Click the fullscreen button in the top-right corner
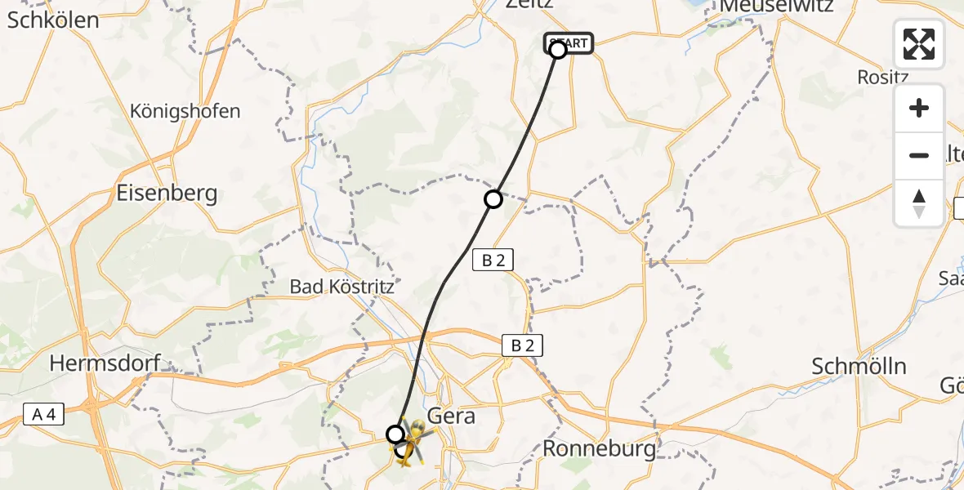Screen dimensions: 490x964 919,44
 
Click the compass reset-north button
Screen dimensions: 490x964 919,203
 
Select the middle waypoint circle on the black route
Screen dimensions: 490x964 493,198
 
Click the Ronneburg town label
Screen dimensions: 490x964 600,448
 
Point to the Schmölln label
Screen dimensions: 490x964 859,366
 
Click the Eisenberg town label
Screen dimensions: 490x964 167,194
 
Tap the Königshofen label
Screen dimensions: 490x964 185,111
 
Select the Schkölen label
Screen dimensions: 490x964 53,20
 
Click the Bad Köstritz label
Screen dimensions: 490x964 342,287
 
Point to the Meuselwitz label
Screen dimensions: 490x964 775,7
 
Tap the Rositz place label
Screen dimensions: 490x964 883,77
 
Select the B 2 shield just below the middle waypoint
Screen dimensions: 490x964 493,261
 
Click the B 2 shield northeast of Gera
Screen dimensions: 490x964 522,345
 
